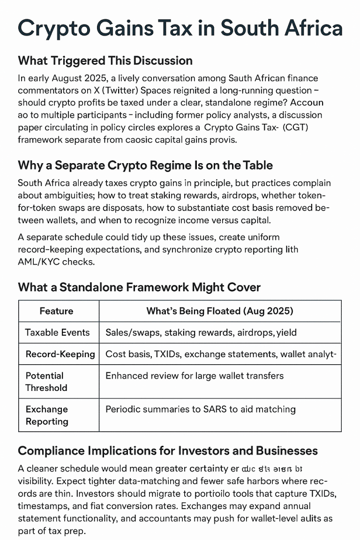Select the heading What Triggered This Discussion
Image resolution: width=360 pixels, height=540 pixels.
[105, 60]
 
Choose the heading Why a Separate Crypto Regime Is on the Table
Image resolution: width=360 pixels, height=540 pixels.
[145, 165]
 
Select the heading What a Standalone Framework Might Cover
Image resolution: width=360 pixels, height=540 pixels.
[139, 287]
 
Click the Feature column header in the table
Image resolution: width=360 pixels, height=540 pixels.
[56, 311]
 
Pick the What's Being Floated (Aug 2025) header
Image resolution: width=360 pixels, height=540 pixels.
[220, 311]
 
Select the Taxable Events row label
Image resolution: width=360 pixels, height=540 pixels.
[57, 332]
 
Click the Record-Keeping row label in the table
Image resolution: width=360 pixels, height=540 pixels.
[60, 354]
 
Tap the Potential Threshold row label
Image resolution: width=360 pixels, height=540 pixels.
[46, 382]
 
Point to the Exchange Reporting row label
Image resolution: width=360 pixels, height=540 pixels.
[46, 415]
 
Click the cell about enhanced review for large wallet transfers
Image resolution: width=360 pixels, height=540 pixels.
[194, 375]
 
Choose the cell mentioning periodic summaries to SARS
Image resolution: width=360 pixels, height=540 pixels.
[200, 409]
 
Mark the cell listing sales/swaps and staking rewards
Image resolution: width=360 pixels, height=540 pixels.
[201, 332]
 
